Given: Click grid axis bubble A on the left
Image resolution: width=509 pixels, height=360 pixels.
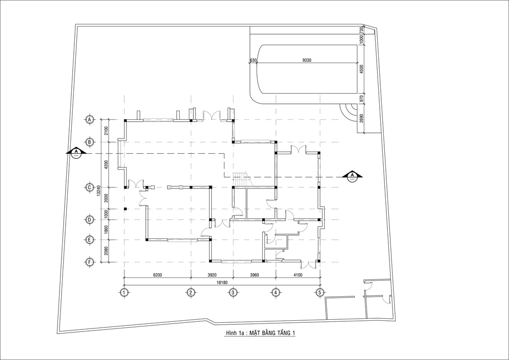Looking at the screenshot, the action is click(90, 120).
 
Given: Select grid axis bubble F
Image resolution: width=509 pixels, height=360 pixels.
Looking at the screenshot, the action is click(90, 262).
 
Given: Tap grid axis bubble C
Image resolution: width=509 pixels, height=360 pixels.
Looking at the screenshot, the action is click(90, 187).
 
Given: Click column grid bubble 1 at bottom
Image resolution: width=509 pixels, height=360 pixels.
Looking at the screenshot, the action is click(124, 292).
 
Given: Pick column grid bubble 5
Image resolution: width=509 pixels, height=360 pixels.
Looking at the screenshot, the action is click(320, 292).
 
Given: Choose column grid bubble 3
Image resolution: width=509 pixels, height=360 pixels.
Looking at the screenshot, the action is click(233, 292).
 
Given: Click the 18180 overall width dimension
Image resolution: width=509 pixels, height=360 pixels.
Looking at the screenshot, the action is click(222, 283).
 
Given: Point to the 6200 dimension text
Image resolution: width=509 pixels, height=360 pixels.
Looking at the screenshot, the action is click(157, 275).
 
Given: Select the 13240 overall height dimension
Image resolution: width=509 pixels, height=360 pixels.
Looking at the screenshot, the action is click(98, 191).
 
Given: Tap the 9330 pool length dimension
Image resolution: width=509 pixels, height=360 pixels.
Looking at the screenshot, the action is click(306, 60).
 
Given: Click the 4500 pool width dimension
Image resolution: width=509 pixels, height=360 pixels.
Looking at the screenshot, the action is click(362, 69).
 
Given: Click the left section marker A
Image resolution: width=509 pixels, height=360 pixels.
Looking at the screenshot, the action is click(76, 152).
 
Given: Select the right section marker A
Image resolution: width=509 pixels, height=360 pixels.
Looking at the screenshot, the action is click(353, 176).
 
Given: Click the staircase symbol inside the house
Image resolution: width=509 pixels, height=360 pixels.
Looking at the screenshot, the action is click(241, 180).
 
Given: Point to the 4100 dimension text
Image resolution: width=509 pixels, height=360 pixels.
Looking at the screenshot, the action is click(298, 275).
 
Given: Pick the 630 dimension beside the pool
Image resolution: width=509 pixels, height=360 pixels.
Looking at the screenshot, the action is click(253, 60).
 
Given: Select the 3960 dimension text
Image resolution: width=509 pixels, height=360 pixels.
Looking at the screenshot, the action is click(254, 275).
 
